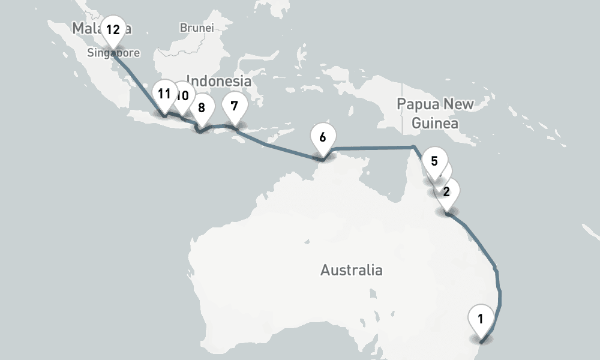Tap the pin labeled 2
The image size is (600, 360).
(446, 192)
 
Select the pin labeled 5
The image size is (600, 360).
(434, 161)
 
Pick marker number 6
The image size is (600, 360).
(322, 137)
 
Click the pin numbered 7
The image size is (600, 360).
(234, 106)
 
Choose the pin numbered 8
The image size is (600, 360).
(201, 108)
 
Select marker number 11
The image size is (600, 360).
(164, 94)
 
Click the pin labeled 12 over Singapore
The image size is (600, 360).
(113, 29)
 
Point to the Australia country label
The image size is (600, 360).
(351, 270)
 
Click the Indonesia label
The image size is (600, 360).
(218, 80)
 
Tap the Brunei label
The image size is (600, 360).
(196, 28)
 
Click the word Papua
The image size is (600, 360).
(418, 104)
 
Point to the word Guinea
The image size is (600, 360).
(435, 124)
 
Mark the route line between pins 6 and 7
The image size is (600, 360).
(282, 149)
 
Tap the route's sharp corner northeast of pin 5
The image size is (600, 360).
(412, 147)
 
